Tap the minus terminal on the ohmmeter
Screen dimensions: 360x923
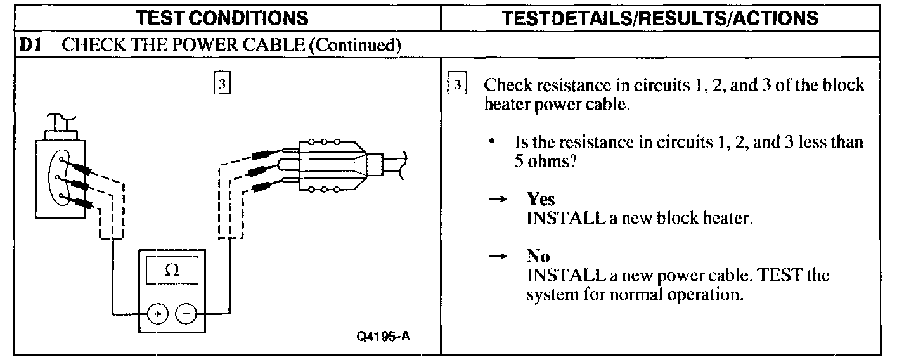click(185, 313)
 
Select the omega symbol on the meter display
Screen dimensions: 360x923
click(171, 270)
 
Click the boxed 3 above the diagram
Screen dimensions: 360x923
click(221, 84)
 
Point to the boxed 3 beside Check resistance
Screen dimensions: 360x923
click(456, 86)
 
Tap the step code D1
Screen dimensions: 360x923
click(30, 45)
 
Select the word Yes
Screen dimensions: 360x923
click(541, 199)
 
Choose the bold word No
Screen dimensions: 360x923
click(538, 256)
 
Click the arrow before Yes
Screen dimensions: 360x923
click(500, 199)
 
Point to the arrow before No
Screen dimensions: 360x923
click(500, 256)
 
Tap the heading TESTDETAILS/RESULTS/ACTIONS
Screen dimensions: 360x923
click(660, 17)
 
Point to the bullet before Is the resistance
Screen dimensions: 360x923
click(492, 142)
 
